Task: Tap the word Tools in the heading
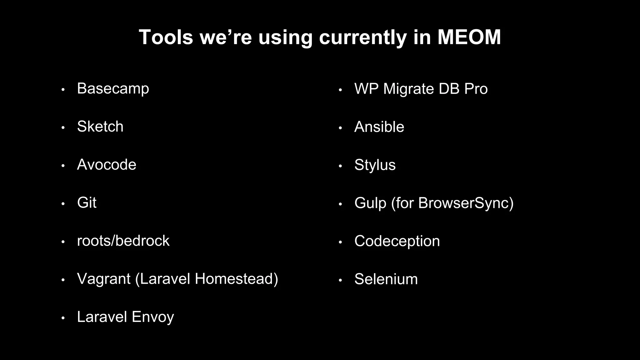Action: [x=166, y=37]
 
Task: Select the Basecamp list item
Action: [x=113, y=89]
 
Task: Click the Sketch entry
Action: [x=100, y=127]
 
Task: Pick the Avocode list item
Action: [x=107, y=165]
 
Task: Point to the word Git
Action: [x=87, y=203]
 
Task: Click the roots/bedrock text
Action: [x=123, y=241]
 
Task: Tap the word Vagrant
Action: [x=103, y=279]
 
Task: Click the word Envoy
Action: [x=152, y=317]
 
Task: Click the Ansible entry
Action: [x=379, y=127]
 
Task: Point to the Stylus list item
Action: [x=375, y=165]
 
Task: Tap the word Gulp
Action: [x=370, y=203]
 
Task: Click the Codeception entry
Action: [x=397, y=241]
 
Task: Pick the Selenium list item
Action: [x=386, y=279]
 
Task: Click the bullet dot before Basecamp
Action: [x=63, y=90]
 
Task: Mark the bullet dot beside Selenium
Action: [x=340, y=280]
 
